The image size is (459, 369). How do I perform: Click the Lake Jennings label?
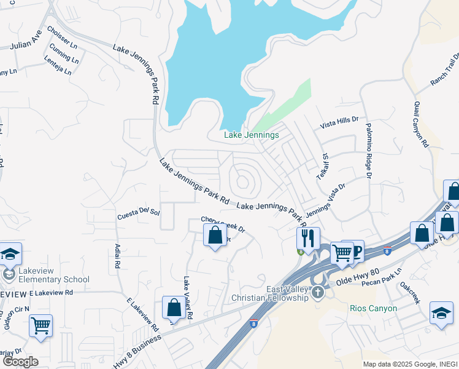point(252,135)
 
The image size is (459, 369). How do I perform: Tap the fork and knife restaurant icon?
point(307,237)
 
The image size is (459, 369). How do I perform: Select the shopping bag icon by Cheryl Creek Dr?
point(215,236)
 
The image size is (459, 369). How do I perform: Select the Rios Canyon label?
point(373,308)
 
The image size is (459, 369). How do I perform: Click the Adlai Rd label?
point(117,256)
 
